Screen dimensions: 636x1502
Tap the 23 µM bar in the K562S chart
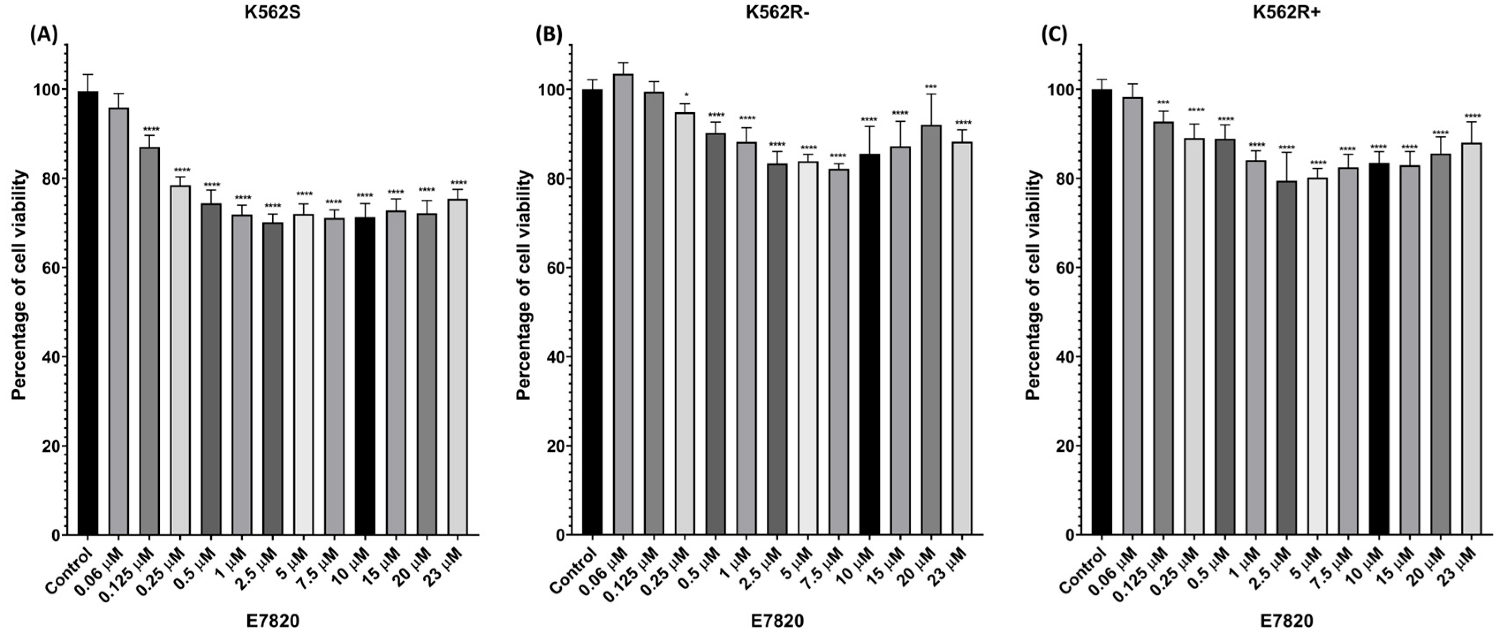click(x=457, y=367)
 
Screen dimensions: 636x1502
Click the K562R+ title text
click(x=1282, y=13)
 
